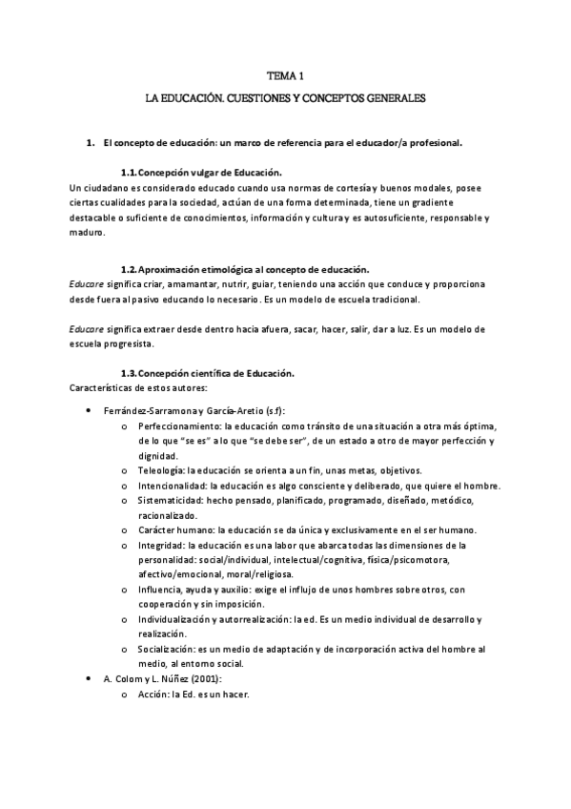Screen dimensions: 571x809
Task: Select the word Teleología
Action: pyautogui.click(x=161, y=470)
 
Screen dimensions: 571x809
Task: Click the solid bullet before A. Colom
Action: pyautogui.click(x=89, y=678)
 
